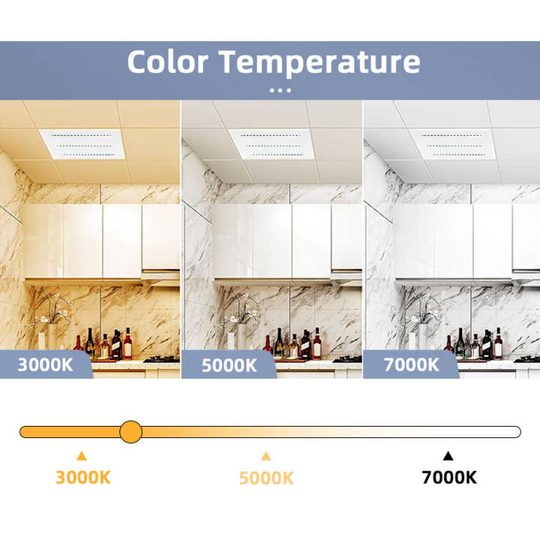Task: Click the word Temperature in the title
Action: [x=319, y=61]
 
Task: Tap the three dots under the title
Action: [x=280, y=90]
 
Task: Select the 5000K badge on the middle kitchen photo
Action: [x=229, y=365]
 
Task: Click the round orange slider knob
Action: [x=130, y=431]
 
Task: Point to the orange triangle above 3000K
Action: [x=82, y=455]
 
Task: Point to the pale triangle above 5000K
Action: [x=265, y=455]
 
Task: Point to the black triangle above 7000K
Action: [x=448, y=455]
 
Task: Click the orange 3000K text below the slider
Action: [x=82, y=477]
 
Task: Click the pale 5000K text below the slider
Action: [x=266, y=478]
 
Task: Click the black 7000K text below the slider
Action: [x=449, y=477]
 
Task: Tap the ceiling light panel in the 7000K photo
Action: [x=451, y=143]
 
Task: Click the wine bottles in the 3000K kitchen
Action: [x=105, y=344]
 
